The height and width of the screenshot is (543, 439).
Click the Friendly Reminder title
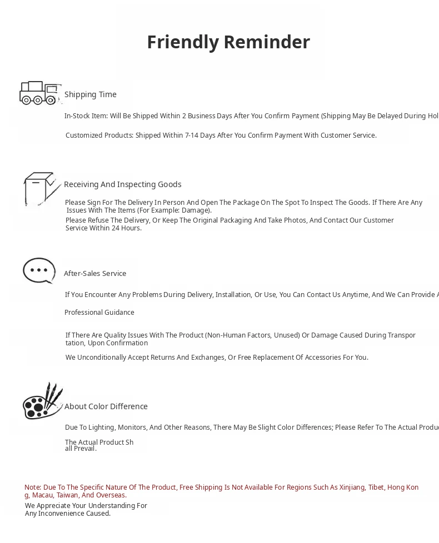click(228, 42)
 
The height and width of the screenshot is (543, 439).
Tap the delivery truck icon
click(39, 93)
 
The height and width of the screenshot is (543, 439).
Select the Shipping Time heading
click(91, 94)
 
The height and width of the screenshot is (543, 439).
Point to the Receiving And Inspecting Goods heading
click(122, 184)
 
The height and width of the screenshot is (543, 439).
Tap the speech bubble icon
click(39, 271)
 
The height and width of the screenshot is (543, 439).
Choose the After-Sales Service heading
click(95, 273)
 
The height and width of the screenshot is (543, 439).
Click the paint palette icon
click(42, 401)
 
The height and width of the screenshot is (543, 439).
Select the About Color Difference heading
click(106, 406)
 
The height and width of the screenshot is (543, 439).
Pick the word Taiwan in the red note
click(67, 495)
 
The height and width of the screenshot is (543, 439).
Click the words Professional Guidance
click(99, 313)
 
